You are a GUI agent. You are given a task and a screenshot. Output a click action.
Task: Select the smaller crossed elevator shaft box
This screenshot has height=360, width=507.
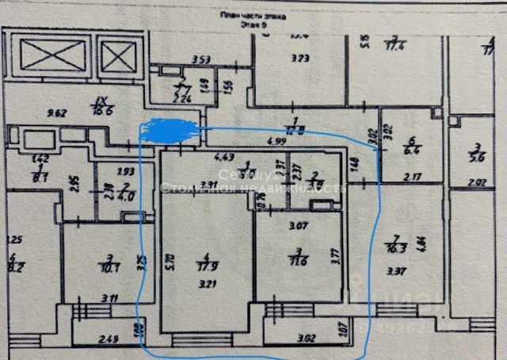pyautogui.click(x=116, y=56)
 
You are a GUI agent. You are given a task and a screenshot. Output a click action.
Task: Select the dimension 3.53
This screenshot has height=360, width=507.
pyautogui.click(x=201, y=59)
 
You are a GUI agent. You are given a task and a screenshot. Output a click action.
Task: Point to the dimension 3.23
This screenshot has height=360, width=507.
pyautogui.click(x=299, y=56)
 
